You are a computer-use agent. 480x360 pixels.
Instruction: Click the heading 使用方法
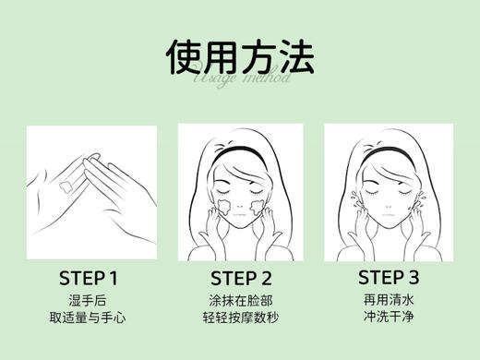[240, 56]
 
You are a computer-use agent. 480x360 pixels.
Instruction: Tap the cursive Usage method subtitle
[242, 78]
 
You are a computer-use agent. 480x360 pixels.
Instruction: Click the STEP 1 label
[89, 277]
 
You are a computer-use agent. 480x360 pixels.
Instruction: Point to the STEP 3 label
[388, 277]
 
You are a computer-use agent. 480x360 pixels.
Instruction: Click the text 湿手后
[89, 300]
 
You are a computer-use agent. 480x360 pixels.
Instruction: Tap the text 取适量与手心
[89, 318]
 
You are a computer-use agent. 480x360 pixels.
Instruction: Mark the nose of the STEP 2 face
[239, 200]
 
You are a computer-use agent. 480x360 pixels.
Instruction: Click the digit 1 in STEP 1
[114, 277]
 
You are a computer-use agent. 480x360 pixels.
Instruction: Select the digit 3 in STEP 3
[414, 277]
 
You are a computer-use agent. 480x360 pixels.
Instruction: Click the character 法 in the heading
[296, 56]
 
